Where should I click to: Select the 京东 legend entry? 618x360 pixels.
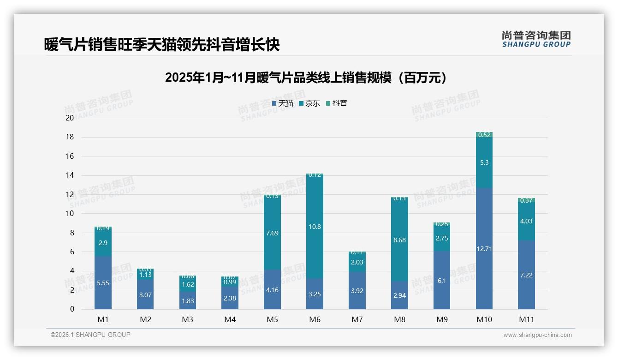309,103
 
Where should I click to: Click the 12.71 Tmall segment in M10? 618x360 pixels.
484,249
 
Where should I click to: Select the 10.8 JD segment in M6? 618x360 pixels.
315,227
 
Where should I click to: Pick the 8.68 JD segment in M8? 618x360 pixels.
399,240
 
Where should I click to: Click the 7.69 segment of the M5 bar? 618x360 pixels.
272,233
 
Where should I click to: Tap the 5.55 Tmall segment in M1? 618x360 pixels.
103,283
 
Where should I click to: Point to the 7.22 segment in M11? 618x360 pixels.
526,275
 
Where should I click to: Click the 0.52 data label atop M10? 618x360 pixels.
484,135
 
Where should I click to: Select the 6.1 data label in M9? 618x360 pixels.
442,281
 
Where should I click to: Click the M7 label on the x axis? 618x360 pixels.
357,319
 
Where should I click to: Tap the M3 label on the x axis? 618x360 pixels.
188,319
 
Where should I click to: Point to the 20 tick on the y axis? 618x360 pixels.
70,118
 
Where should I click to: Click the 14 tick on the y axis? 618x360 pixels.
70,175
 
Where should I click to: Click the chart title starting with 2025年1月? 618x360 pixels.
306,78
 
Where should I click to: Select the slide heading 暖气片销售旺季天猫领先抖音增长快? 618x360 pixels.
162,45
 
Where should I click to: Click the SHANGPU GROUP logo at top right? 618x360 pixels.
536,39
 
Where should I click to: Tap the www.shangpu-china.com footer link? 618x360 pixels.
537,335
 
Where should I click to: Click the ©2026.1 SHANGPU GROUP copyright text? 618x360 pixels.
90,335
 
